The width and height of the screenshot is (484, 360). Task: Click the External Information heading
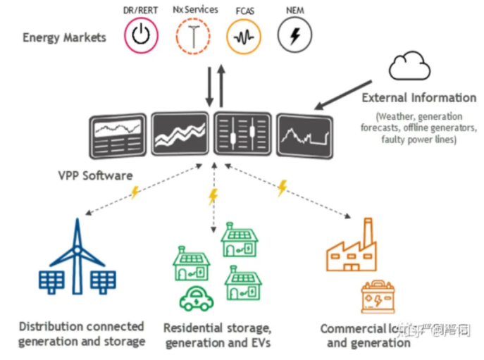coord(418,98)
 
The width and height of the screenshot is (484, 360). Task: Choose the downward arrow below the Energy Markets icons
coord(209,86)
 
